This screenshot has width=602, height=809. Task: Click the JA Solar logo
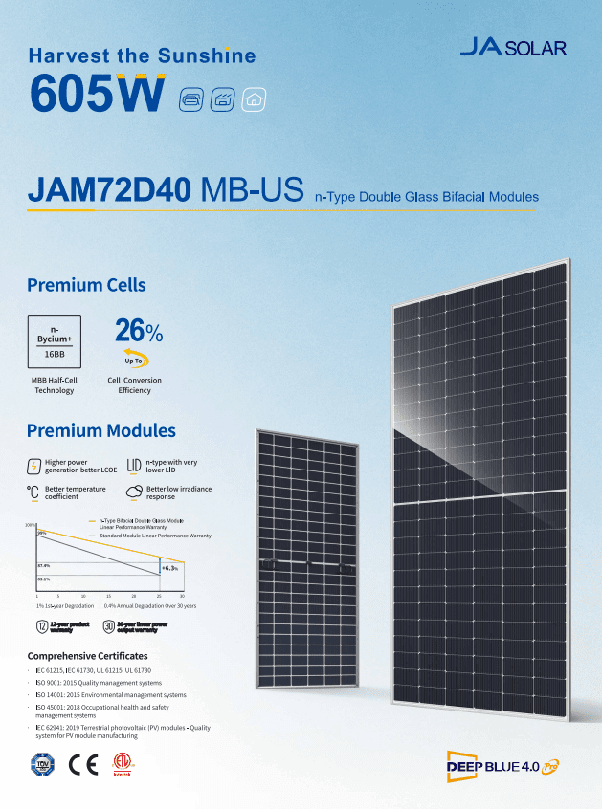point(512,48)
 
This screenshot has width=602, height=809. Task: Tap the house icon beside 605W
point(255,98)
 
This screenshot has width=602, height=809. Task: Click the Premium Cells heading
point(86,285)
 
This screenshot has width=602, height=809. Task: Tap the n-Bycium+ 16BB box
point(54,340)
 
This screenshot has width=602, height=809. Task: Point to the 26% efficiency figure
point(139,331)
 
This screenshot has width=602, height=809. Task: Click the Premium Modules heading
point(100,430)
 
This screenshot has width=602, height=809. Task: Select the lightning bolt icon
point(34,467)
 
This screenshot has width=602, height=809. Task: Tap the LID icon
point(133,466)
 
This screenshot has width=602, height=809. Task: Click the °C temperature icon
point(33,492)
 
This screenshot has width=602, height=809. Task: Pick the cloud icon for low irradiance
point(133,492)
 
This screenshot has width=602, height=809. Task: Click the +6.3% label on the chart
point(169,568)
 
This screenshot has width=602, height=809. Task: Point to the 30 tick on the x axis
point(182,596)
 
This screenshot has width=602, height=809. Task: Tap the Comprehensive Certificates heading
point(87,657)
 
